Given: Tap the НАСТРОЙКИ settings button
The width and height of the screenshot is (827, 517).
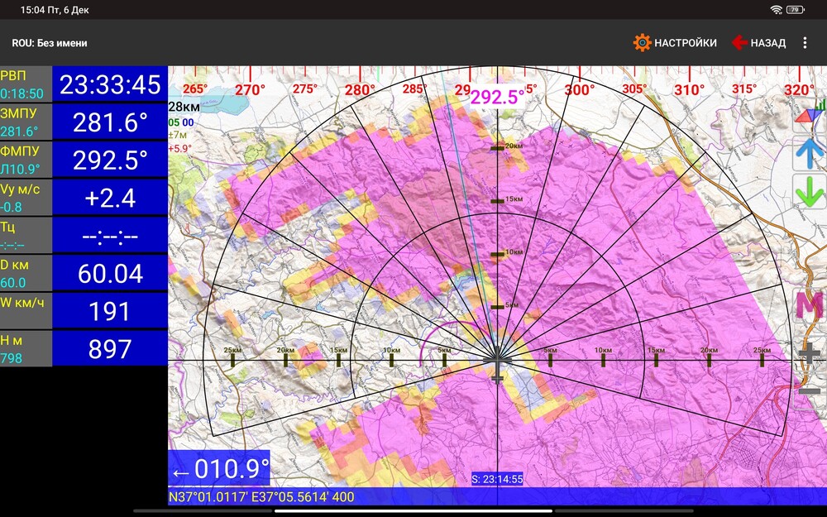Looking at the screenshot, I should (675, 43).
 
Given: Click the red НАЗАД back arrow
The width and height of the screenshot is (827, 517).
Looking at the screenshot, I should (739, 43).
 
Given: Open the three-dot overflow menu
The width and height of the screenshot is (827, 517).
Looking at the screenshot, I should (805, 43).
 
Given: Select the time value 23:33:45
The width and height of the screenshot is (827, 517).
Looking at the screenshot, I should (110, 84).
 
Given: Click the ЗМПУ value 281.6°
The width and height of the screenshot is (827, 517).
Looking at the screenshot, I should (110, 122).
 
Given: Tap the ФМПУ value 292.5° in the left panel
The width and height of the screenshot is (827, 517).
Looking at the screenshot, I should (110, 160).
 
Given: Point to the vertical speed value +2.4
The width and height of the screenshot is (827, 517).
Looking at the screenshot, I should (110, 199).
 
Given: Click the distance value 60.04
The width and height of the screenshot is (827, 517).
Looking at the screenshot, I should (110, 274).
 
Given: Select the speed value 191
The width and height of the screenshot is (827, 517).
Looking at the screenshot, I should (110, 312).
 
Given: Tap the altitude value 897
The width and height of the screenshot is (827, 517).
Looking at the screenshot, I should (110, 349).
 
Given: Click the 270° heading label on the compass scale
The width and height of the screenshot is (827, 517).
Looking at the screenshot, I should (250, 89).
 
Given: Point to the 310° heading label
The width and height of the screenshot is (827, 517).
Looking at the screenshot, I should (689, 89).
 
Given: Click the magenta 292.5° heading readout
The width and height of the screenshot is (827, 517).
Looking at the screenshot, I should (497, 98).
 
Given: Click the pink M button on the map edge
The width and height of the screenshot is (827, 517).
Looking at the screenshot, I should (809, 305).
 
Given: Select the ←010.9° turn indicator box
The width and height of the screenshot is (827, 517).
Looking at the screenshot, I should (220, 470).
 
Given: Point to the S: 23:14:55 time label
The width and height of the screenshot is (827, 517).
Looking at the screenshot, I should (496, 479).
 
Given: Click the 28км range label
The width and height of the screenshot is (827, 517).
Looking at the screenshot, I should (184, 107).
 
